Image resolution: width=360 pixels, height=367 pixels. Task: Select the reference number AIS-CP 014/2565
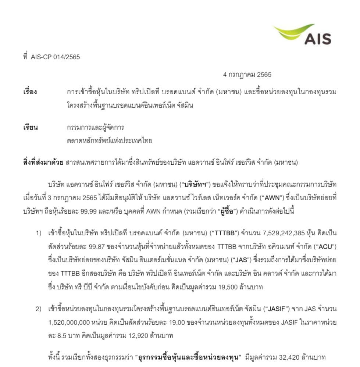click(56, 57)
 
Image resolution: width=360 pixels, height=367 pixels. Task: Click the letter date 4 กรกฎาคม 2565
click(247, 75)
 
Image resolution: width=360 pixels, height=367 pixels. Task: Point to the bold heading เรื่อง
click(30, 92)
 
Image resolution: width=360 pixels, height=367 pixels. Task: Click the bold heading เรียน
click(31, 128)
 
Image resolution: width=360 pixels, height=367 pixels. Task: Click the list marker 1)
click(39, 234)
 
